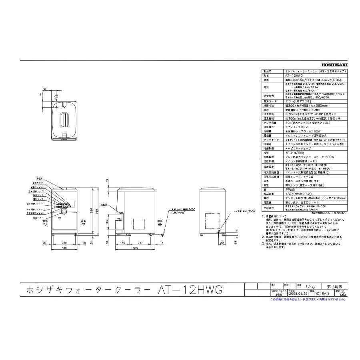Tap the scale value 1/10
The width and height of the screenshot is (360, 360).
pyautogui.click(x=308, y=287)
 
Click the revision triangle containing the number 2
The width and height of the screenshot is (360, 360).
pyautogui.click(x=342, y=293)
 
